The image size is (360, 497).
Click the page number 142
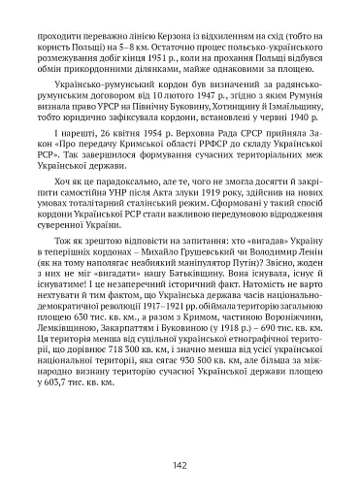tap(180, 464)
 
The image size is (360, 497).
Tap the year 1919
tap(202, 231)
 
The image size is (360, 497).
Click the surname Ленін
tap(296, 307)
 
